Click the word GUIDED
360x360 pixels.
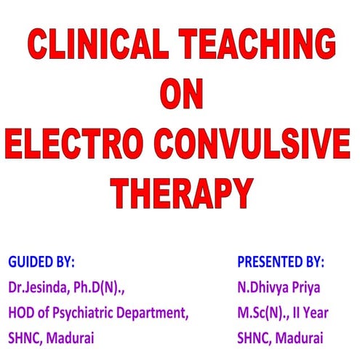click(x=31, y=260)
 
